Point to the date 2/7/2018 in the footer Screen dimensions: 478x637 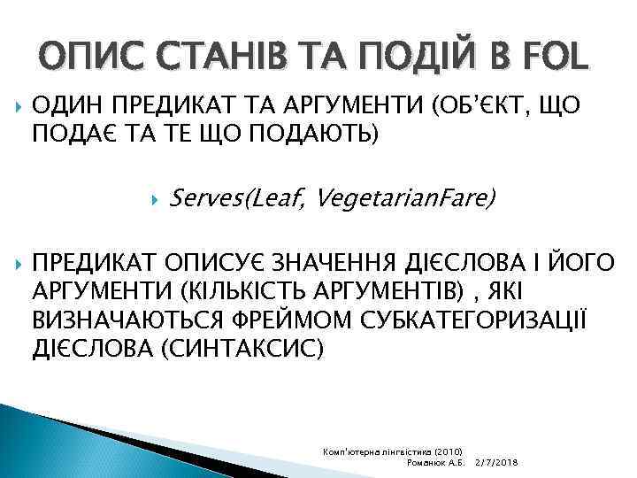497,463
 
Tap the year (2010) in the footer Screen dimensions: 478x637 457,451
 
